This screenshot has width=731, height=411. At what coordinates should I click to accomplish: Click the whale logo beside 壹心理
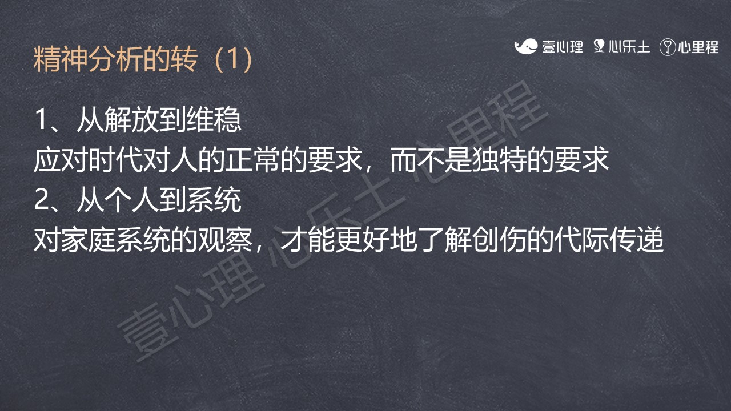[525, 46]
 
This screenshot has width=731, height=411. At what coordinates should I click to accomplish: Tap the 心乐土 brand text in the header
[629, 47]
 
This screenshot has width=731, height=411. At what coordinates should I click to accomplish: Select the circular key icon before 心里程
[667, 47]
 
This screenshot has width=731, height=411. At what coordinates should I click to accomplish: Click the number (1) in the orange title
[234, 59]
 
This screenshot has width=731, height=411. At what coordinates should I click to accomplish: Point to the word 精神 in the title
[61, 59]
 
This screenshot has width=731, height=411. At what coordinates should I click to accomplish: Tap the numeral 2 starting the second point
[41, 200]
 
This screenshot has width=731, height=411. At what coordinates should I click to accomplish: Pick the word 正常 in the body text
[254, 160]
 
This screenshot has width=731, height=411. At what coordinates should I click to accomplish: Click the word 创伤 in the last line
[499, 240]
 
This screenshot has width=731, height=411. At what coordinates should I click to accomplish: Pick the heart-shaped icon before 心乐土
[599, 46]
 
